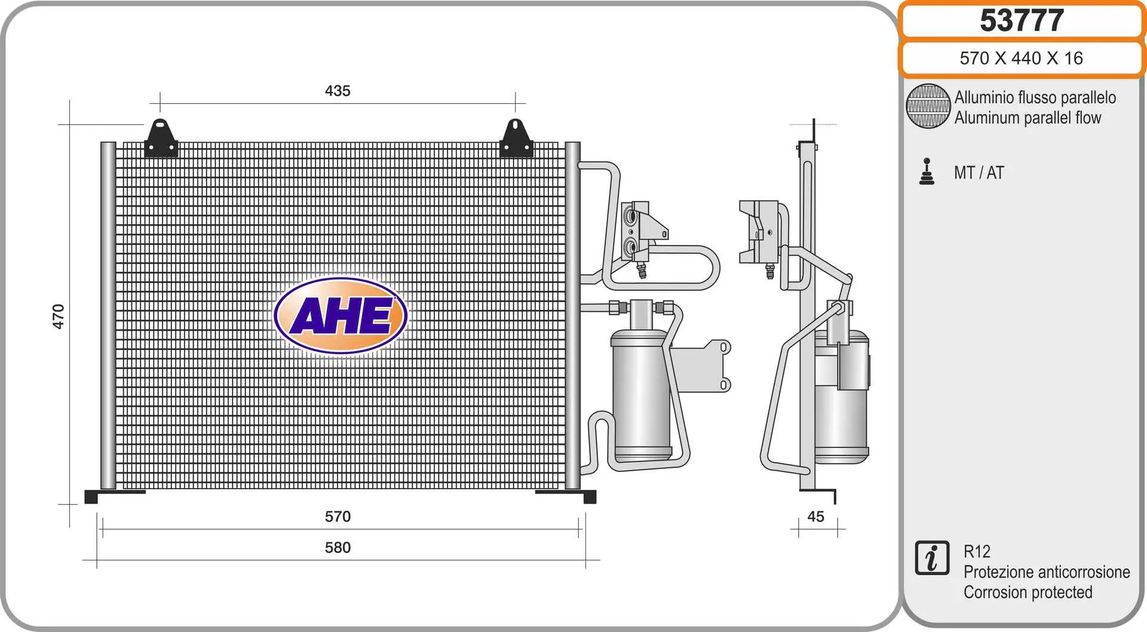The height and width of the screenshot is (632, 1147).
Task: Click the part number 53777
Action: pos(1022,20)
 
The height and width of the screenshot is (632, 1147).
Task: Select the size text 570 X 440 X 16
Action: pos(1021,58)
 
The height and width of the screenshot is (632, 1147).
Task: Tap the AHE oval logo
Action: pos(341,315)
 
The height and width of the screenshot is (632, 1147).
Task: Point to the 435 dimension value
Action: pos(338,91)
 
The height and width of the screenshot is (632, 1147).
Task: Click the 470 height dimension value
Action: pos(58,317)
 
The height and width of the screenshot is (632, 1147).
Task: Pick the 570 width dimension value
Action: pos(338,517)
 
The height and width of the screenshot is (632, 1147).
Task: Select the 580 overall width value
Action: pos(338,548)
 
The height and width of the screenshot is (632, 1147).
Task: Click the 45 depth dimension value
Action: pos(815,517)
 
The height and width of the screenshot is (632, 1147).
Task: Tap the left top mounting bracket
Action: pos(161,139)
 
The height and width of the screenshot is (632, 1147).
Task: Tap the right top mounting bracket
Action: pos(516,139)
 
